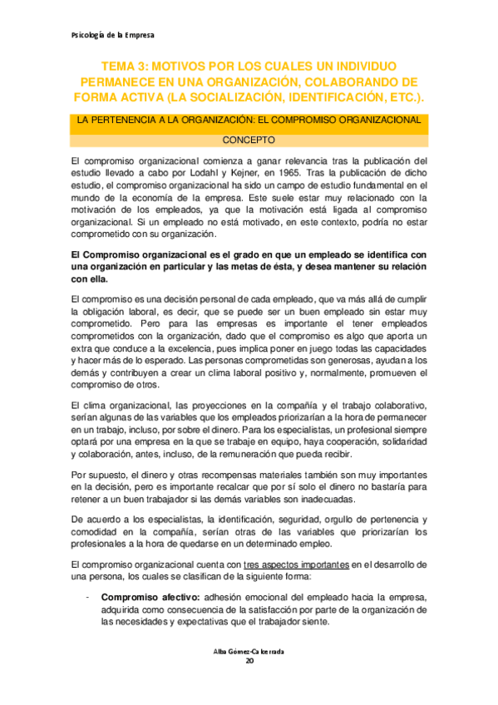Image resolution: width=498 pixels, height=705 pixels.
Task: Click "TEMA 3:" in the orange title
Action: [x=125, y=66]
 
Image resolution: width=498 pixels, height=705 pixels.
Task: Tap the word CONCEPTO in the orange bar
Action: [x=249, y=141]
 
